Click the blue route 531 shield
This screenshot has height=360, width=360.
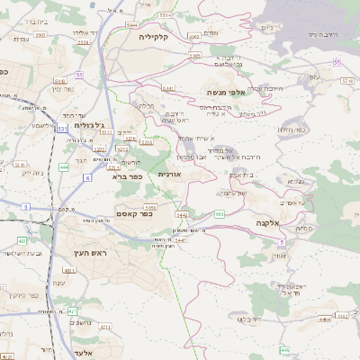[x=63, y=130]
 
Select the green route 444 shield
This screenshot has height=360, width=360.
[x=64, y=167]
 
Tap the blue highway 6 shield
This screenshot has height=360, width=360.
[x=87, y=178]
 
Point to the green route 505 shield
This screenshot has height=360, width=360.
[x=220, y=214]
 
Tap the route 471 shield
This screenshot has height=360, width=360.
[x=71, y=310]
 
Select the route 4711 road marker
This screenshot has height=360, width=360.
[x=105, y=328]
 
